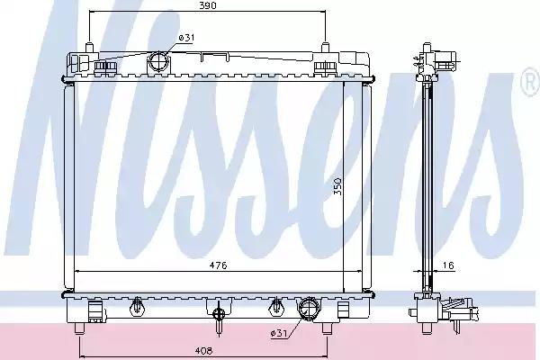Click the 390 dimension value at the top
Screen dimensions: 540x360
[208, 5]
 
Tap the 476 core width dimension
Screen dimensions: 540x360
[219, 265]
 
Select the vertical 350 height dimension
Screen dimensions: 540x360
[337, 186]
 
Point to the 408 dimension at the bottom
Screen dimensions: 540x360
[203, 351]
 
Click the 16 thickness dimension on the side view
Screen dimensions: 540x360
[448, 265]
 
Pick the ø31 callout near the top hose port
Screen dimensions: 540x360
[186, 38]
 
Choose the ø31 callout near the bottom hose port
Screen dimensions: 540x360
[279, 333]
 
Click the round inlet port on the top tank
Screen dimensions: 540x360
[158, 63]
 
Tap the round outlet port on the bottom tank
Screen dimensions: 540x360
[309, 308]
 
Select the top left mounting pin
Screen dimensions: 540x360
[89, 48]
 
